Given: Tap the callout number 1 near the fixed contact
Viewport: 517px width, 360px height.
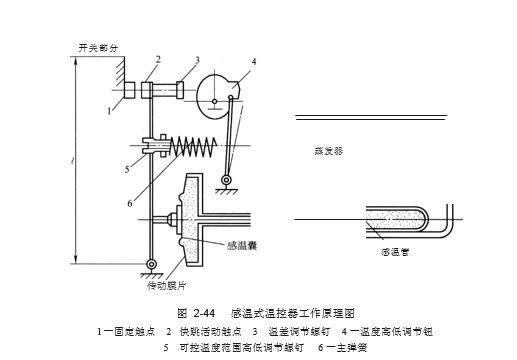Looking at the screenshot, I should click(x=111, y=112).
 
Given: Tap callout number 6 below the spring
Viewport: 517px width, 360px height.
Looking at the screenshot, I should click(x=131, y=204).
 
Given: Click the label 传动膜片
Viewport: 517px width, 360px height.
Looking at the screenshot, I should click(x=166, y=285).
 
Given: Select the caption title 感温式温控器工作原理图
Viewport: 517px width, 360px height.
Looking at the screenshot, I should click(x=293, y=313).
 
